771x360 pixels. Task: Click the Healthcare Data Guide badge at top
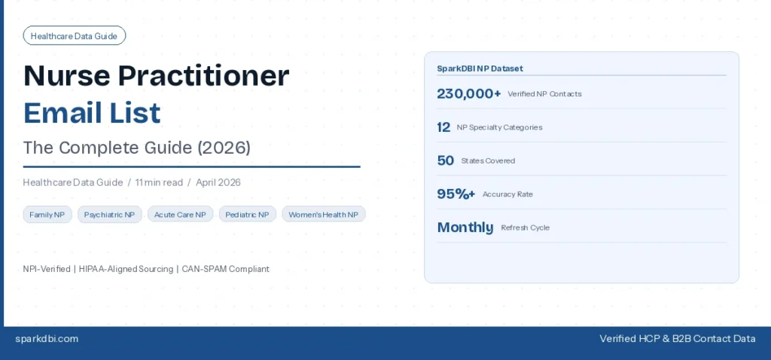74,35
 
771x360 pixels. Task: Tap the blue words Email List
92,112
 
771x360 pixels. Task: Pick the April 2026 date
218,182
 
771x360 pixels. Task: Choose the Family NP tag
47,215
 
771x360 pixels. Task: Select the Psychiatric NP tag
109,215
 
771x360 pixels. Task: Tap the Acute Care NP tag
180,215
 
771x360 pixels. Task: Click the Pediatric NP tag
247,215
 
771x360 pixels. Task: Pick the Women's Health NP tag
323,215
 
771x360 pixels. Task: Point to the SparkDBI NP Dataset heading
480,69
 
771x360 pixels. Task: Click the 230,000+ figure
468,93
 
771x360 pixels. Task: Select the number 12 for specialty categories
443,127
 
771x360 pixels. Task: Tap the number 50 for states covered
445,160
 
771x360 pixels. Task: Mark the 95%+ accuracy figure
456,194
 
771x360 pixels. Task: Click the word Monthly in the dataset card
465,227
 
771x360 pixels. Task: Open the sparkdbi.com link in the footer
47,339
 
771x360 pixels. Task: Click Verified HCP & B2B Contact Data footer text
677,339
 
